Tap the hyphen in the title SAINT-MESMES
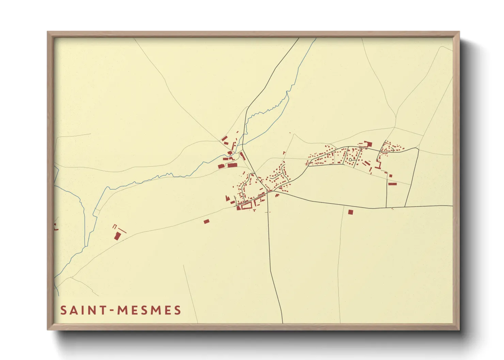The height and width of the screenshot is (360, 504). (x=111, y=310)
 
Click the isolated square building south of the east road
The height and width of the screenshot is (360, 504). (x=350, y=212)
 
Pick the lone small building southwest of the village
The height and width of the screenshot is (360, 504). (x=206, y=222)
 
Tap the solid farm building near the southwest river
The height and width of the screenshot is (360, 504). (x=117, y=236)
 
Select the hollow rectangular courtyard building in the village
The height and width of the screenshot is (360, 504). (x=246, y=205)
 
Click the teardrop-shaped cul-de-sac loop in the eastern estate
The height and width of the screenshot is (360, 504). (x=350, y=159)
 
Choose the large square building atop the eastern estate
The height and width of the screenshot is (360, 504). (x=369, y=144)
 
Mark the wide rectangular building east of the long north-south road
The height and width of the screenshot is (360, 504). (x=393, y=184)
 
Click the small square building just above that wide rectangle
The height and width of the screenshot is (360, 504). (x=391, y=176)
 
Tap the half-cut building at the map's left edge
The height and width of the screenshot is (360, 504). (x=55, y=227)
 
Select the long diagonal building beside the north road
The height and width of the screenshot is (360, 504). (x=242, y=156)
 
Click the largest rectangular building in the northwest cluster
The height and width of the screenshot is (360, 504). (x=232, y=165)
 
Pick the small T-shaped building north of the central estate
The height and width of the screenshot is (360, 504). (x=284, y=153)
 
